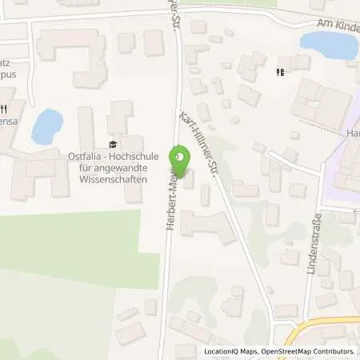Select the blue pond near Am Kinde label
pos(330,44)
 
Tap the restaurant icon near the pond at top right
pos(280,73)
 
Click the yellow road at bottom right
pos(320,322)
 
